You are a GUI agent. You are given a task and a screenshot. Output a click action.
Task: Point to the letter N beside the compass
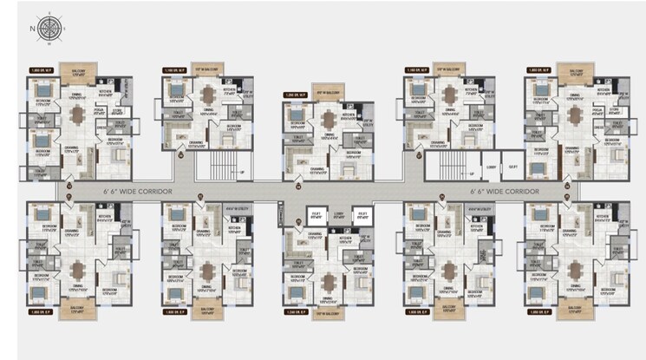coord(32,28)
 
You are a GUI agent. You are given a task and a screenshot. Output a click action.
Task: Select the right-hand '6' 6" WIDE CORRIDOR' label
coord(505,190)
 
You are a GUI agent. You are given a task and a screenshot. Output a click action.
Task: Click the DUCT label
coord(512,166)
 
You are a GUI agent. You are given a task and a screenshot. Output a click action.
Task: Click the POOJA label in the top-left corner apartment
coord(98,110)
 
